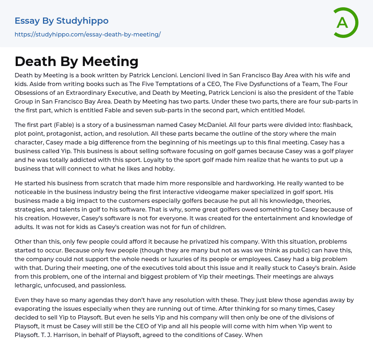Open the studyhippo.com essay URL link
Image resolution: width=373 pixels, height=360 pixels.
[87, 34]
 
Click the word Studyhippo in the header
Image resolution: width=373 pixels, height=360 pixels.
[82, 21]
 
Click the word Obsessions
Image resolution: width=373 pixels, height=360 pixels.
[33, 93]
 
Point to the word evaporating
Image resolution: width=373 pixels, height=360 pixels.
[32, 309]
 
